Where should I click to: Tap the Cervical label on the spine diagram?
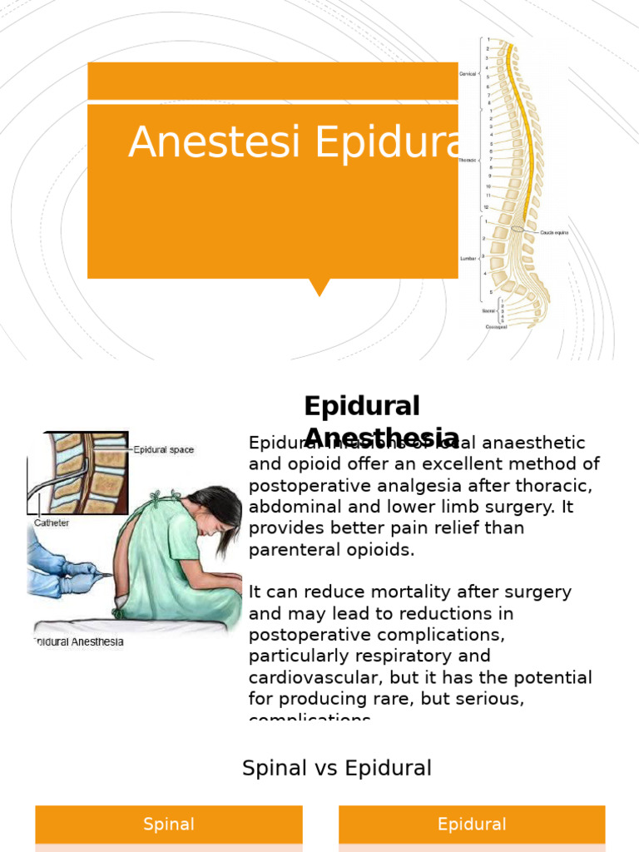[x=468, y=74]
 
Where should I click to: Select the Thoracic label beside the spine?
[x=466, y=160]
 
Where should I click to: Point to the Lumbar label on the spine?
[x=467, y=259]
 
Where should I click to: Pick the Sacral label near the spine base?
[x=488, y=310]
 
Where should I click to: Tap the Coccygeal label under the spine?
[x=498, y=327]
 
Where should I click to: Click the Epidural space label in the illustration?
[x=163, y=450]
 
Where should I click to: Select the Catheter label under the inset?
[x=52, y=523]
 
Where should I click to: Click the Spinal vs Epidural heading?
[x=336, y=768]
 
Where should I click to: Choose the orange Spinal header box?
[x=169, y=825]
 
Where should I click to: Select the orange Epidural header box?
[x=472, y=825]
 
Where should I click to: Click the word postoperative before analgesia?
[x=303, y=485]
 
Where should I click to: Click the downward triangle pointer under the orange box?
[x=319, y=288]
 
